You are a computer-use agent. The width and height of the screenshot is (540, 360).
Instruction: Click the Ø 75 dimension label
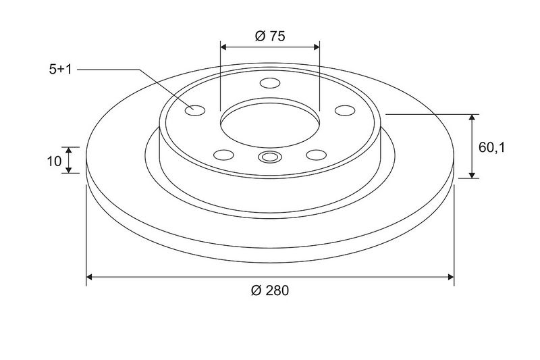point(270,36)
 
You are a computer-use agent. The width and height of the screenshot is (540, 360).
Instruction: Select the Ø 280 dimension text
point(270,290)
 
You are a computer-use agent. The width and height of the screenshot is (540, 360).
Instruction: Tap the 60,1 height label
point(492,148)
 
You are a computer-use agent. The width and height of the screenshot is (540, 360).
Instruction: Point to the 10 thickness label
point(54,161)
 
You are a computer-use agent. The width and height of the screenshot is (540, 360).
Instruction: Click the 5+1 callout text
point(60,70)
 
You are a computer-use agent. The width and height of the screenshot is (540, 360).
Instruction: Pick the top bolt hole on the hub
point(270,83)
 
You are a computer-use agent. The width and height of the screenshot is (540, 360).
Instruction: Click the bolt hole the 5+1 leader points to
point(195,110)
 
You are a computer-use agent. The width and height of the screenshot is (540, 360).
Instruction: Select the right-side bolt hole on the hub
point(345,111)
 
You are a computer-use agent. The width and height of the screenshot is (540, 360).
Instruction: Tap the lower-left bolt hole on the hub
point(223,155)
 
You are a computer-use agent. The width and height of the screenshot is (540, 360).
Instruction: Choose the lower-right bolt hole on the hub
point(316,155)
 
